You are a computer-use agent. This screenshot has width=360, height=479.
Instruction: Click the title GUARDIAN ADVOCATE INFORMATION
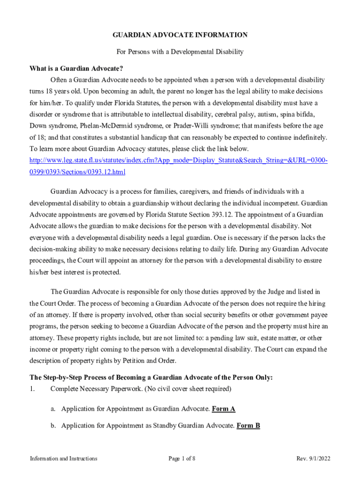point(180,35)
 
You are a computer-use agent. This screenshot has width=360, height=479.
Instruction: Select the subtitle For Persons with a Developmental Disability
point(180,52)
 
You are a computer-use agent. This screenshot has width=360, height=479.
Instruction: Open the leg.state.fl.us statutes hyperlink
point(178,161)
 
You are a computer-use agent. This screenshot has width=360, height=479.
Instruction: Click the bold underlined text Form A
point(223,409)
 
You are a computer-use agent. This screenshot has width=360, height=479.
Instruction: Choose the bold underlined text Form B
point(248,426)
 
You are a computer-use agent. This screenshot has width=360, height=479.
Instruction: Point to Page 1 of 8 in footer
point(182,458)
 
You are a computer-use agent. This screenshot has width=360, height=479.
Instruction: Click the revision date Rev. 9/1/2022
point(313,458)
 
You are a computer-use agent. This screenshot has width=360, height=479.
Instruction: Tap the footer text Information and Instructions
point(63,458)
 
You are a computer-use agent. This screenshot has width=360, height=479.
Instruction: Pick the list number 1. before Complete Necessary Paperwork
point(33,389)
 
